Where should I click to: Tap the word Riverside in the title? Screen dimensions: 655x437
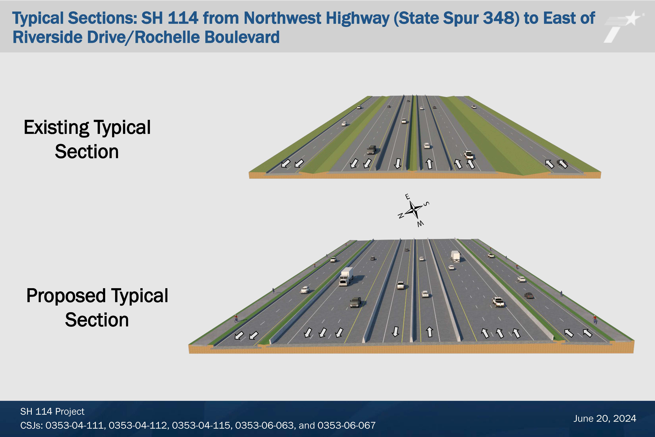tap(48, 37)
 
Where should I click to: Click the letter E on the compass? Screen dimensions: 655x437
tap(407, 197)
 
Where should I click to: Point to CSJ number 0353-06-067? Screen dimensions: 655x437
tap(346, 425)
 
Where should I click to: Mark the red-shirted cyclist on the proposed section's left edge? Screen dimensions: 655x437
tap(236, 318)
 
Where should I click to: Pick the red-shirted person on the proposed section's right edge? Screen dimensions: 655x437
tap(595, 319)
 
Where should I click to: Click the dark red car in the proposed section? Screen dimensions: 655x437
tap(529, 295)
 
